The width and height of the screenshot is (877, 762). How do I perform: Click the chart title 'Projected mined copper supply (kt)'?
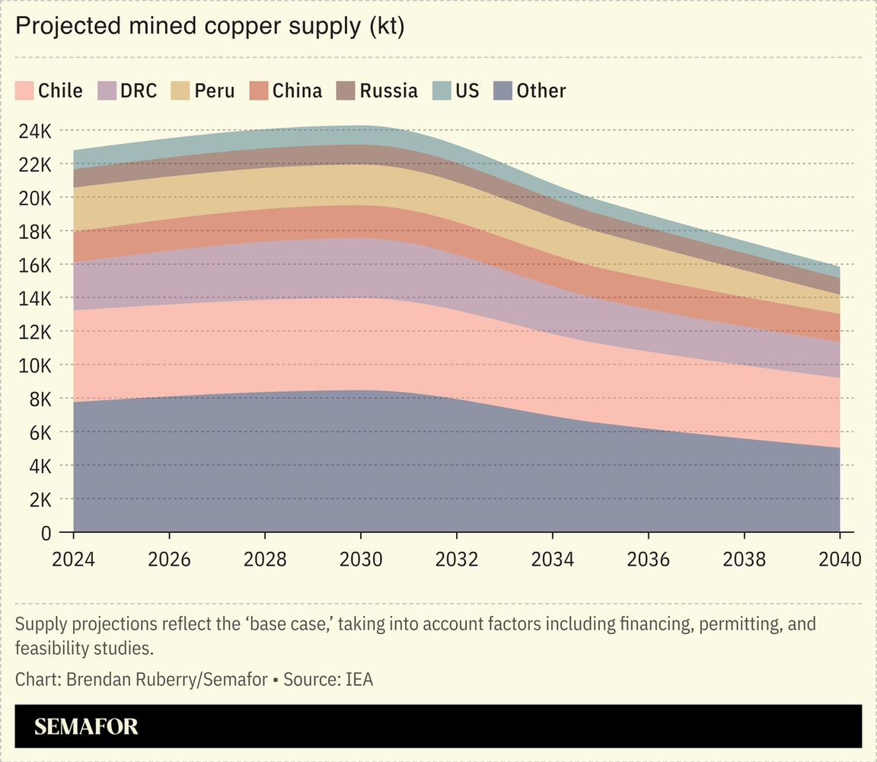point(209,27)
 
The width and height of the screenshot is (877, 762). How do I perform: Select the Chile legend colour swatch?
point(24,91)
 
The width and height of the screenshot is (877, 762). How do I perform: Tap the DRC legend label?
point(139,91)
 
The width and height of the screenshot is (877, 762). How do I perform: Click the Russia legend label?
point(388,91)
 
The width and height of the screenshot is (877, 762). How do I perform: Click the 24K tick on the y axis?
point(34,131)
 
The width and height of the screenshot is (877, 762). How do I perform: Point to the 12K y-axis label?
point(34,332)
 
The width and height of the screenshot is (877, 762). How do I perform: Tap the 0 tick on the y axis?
point(45,533)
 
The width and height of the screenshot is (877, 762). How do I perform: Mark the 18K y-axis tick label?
point(34,231)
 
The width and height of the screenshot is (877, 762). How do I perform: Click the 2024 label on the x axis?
point(73,560)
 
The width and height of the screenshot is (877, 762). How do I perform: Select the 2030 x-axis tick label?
point(361,560)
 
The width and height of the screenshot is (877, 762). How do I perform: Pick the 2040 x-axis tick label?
point(839,560)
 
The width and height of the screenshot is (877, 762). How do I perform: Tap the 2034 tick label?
point(552,560)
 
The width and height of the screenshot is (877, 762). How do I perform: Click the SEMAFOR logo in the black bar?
point(86,726)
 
